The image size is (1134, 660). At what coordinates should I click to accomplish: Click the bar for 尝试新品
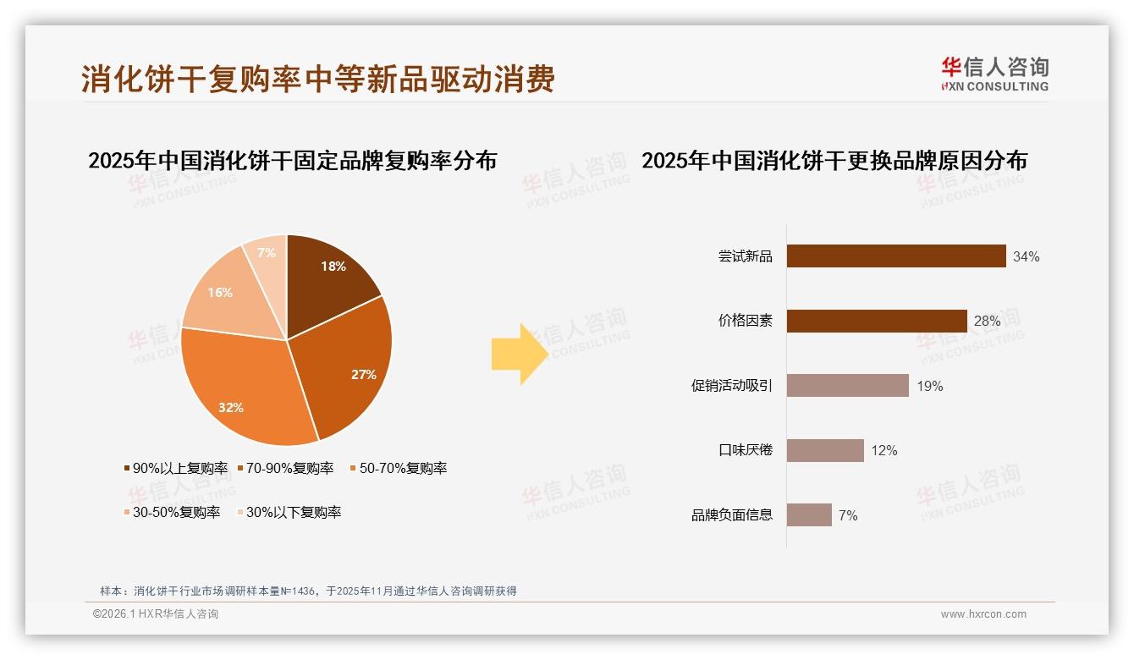coord(896,256)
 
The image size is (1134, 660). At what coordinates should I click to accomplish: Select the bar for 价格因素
coord(877,321)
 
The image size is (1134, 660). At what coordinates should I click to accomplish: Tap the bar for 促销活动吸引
coord(848,386)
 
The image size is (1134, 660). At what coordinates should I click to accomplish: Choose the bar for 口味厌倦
coord(825,450)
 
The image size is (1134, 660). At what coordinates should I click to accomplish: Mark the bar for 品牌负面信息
coord(809,514)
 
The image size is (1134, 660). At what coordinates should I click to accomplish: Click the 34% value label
coord(1026,256)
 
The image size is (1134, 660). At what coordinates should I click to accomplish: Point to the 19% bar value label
coord(929,386)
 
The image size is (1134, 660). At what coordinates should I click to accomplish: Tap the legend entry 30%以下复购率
coord(293,512)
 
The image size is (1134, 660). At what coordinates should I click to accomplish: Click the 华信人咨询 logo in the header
coord(994,74)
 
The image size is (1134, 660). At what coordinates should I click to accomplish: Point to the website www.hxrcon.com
coord(983,614)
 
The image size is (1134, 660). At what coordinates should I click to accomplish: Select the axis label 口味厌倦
coord(746,450)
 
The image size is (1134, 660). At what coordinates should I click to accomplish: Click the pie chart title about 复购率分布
coord(292,160)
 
